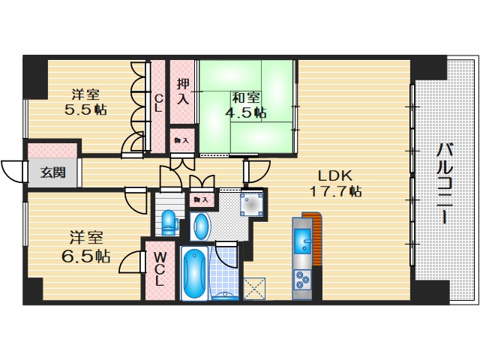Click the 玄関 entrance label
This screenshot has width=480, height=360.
[x=52, y=172]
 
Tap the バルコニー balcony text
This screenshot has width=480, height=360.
[x=444, y=183]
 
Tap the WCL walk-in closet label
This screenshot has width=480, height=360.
[x=160, y=268]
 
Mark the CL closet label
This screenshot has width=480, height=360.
[x=159, y=102]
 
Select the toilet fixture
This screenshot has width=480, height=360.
[x=169, y=220]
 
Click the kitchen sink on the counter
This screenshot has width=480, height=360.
[x=304, y=241]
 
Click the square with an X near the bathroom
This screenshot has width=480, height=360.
[x=254, y=289]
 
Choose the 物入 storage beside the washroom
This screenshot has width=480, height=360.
[x=199, y=199]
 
